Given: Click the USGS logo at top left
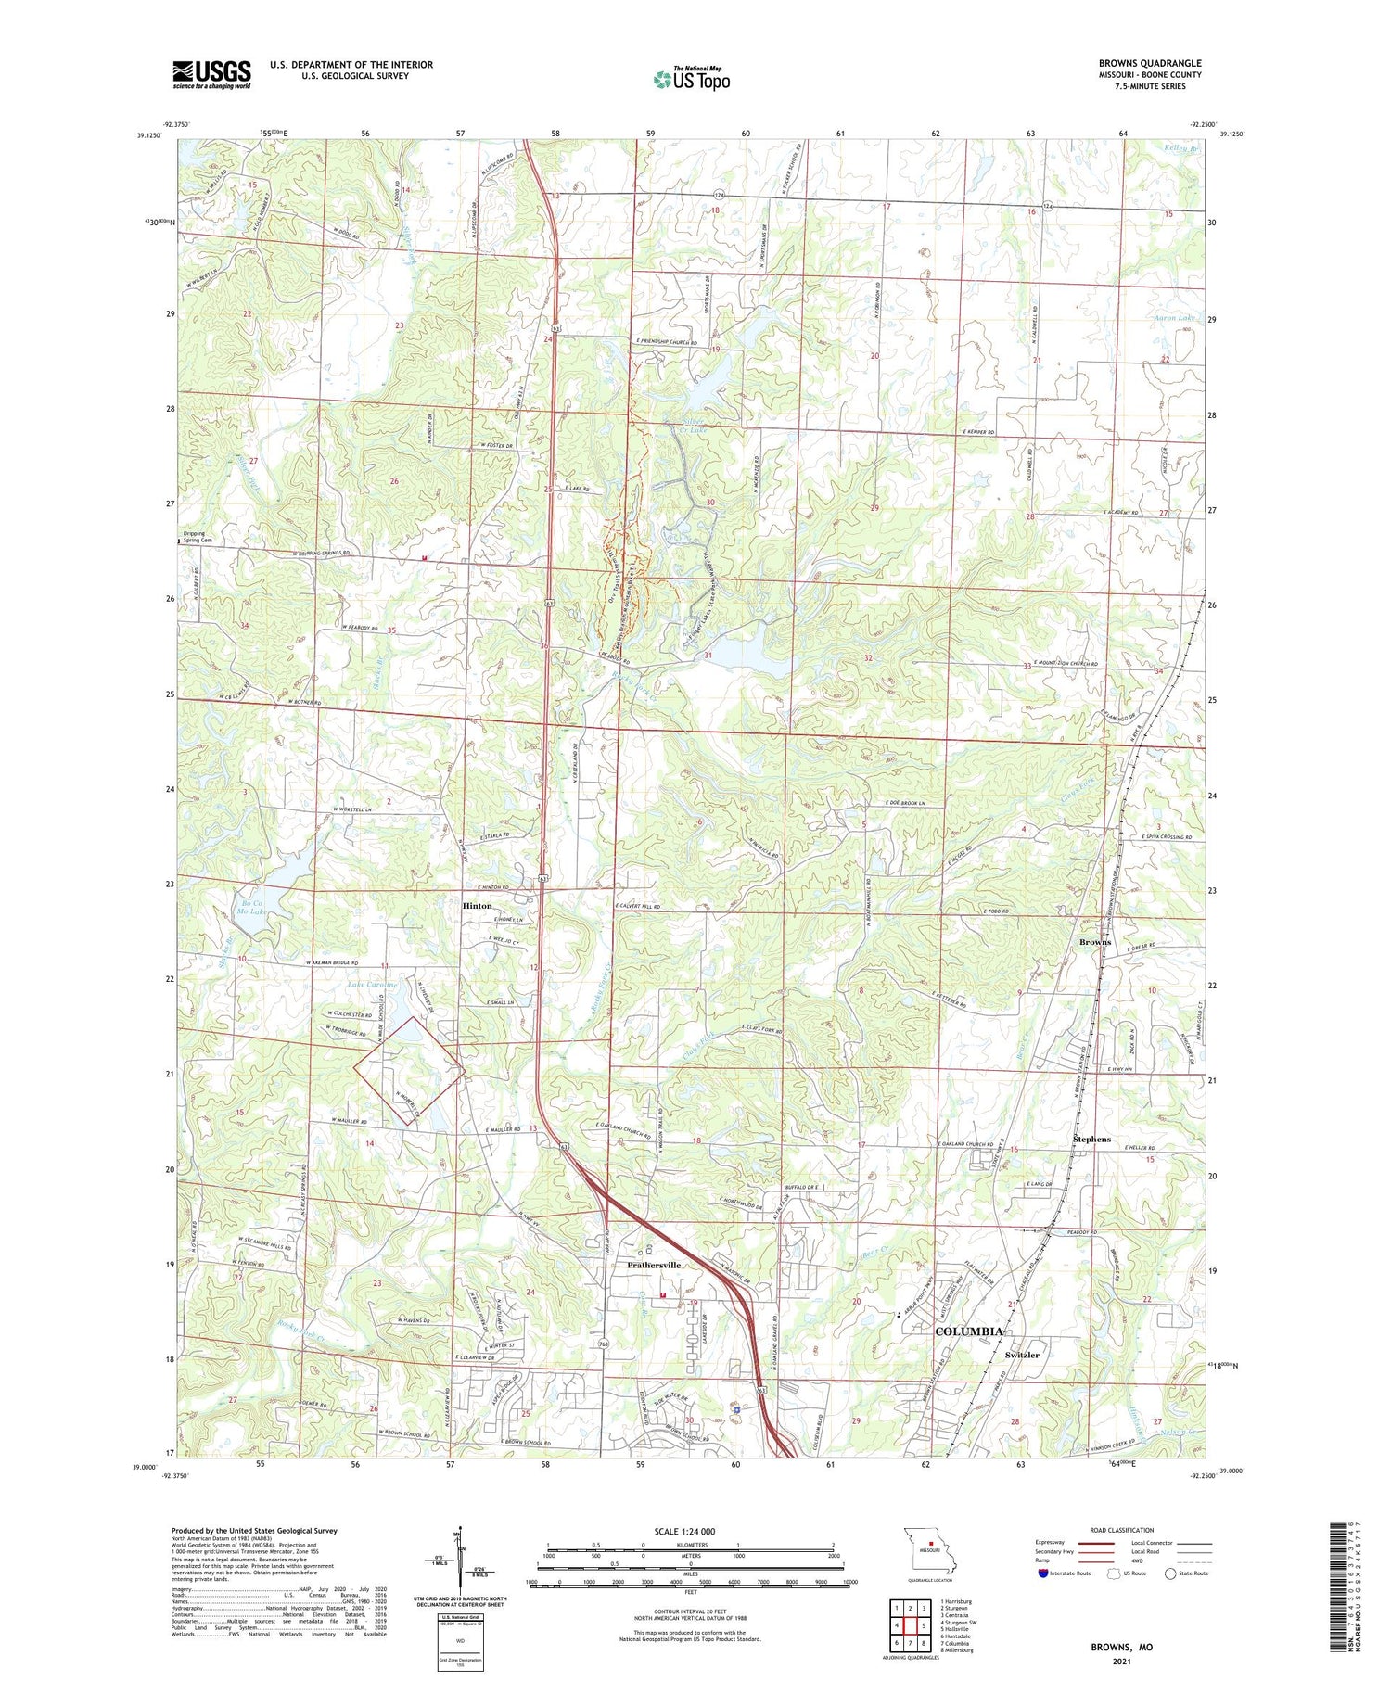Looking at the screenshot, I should tap(211, 74).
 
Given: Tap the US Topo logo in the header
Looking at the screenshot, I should tap(691, 79).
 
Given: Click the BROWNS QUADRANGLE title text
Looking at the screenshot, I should tap(1149, 64).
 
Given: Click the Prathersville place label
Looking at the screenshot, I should tap(654, 1265).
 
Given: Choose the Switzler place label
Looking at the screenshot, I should tap(1022, 1355).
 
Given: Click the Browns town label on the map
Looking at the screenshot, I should tap(1094, 942).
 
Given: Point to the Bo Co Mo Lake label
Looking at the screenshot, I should tap(251, 907).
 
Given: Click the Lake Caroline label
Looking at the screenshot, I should tap(372, 984).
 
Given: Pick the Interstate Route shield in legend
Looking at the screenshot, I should tap(1042, 1573).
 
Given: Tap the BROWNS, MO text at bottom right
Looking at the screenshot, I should tap(1121, 1648).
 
